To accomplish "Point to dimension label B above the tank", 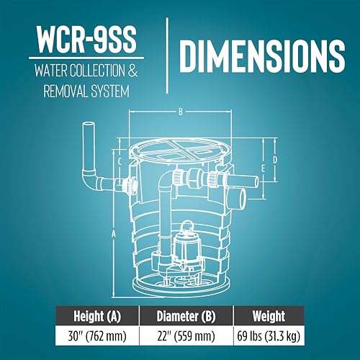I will click(179, 112).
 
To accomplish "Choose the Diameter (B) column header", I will click(179, 316).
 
